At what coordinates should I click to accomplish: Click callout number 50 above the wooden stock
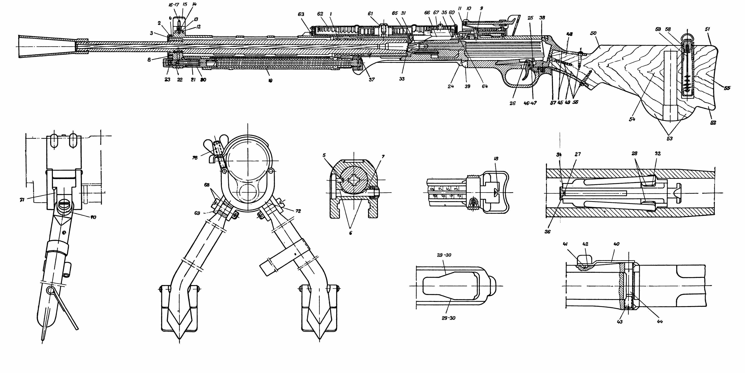click(593, 33)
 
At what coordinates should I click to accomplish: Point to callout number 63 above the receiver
click(301, 14)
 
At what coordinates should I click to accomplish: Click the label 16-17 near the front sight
click(174, 5)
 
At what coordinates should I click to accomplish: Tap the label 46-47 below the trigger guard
click(530, 103)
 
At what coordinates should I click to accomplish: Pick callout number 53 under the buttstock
click(670, 138)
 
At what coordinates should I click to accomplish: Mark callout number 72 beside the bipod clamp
click(298, 211)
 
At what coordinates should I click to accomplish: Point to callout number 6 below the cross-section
click(351, 233)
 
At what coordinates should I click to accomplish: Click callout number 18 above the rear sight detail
click(496, 159)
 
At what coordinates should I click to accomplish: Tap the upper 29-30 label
click(444, 255)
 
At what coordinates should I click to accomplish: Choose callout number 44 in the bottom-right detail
click(660, 321)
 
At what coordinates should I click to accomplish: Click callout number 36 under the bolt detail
click(548, 232)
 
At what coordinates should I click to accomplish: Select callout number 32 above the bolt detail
click(658, 153)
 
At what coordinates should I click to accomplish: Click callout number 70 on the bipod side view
click(93, 217)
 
